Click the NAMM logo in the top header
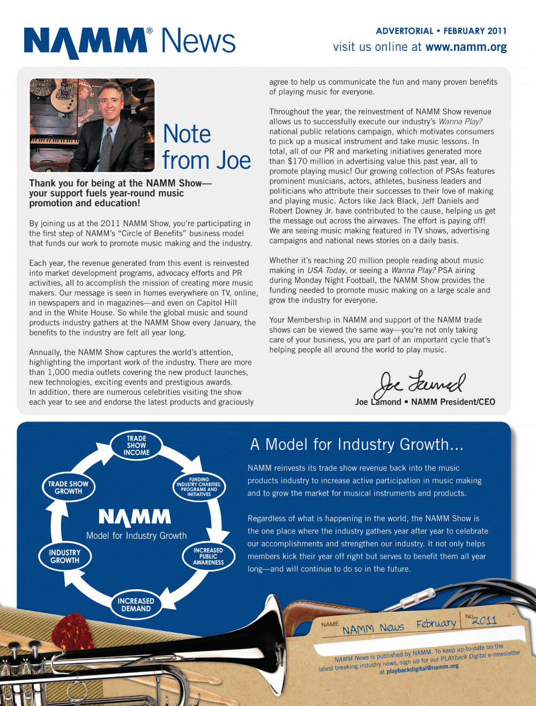coord(86,42)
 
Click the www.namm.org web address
coord(466,47)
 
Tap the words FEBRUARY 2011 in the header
coord(475,31)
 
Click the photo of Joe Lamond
coord(92,125)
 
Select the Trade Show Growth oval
coord(68,487)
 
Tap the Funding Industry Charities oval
coord(199,487)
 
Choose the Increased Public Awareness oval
coord(208,557)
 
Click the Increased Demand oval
coord(136,605)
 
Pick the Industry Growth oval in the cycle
coord(65,557)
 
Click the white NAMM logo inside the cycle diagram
coord(135,517)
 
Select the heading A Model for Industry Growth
coord(356,445)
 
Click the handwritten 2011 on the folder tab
coord(484,620)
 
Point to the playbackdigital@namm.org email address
coord(422,669)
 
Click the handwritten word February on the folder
coord(436,624)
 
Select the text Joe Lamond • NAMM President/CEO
coord(425,402)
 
